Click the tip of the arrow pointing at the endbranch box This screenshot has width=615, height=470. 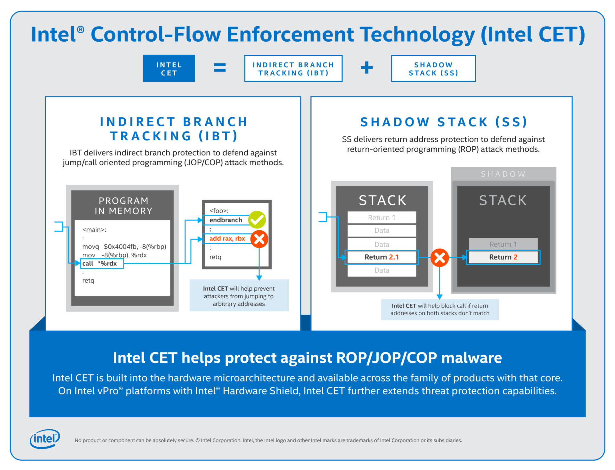coord(202,220)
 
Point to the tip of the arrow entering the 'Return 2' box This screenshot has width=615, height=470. coord(467,257)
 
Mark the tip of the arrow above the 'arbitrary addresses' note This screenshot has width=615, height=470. coord(259,280)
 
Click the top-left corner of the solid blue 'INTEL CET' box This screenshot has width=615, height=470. coord(143,55)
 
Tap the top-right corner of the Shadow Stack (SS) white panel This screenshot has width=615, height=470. coord(572,97)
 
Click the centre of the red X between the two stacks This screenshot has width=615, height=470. coord(439,258)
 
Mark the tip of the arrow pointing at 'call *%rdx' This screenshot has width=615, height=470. coord(80,263)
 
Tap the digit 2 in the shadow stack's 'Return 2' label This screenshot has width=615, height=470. coord(515,257)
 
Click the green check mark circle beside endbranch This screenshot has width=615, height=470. coord(257,220)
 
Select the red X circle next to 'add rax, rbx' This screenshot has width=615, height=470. coord(259,239)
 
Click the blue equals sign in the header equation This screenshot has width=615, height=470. coord(220,68)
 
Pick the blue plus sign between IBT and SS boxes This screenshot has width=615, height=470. coord(367,68)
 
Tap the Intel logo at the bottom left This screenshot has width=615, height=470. coord(45,439)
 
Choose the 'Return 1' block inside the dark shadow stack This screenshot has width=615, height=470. coord(503,244)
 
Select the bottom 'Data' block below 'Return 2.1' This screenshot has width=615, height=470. coord(382,270)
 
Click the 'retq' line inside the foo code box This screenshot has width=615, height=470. coord(215,257)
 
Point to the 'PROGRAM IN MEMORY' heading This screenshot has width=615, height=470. coord(123,206)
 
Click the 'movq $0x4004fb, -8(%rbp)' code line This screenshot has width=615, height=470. coord(124,246)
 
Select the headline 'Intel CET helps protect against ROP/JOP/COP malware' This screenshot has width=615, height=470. coord(307,358)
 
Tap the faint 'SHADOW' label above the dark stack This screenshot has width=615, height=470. coord(503,174)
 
